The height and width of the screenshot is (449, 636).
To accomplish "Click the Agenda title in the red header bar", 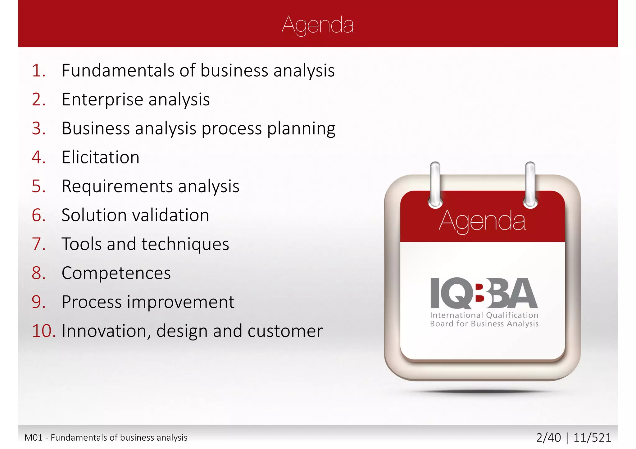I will [x=318, y=25].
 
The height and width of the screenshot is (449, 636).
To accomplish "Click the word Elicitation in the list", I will [x=101, y=157].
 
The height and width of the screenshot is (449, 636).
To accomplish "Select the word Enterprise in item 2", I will [x=102, y=100].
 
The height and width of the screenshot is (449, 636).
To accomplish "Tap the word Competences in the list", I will [x=116, y=273].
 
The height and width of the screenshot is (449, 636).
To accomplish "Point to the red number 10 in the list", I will [x=43, y=331].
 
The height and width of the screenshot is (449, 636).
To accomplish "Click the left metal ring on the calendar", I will [x=435, y=184].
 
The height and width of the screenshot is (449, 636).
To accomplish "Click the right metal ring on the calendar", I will [x=530, y=184].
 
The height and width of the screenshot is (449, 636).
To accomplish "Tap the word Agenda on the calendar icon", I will [x=482, y=221].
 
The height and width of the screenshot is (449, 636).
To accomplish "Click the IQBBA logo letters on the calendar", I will [x=484, y=293].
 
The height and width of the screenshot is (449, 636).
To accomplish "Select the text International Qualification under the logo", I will [x=484, y=315].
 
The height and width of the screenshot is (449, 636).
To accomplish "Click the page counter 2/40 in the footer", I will [x=548, y=438].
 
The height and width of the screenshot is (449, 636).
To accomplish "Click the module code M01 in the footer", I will [x=33, y=438].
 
